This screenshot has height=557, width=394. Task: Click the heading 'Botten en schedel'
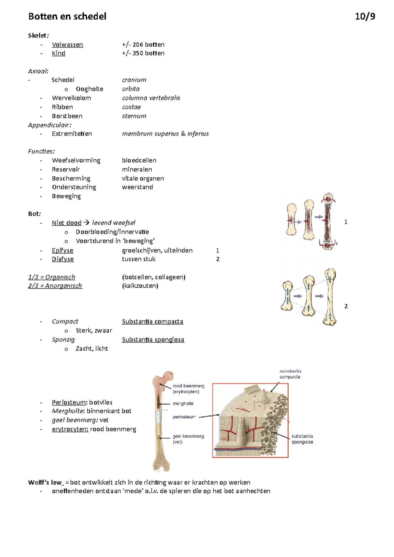coord(67,16)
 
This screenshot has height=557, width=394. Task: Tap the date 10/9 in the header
coord(365,16)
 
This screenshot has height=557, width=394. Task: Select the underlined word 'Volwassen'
coord(67,45)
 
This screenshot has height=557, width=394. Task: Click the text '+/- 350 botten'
coord(143,53)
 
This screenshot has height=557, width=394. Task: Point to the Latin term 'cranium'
coord(134,80)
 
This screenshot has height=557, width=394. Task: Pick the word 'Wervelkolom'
coord(71,98)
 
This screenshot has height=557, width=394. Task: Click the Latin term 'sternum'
coord(134,116)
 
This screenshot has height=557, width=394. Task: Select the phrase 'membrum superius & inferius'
coord(165,134)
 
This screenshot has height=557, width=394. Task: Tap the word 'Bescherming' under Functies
coord(71,178)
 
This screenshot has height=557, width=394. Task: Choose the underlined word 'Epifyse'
coord(62,251)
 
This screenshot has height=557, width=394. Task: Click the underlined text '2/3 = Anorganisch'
coord(55,286)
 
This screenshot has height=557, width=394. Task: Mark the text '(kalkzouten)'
coord(140,286)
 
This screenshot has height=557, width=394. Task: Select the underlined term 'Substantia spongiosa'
coord(153,340)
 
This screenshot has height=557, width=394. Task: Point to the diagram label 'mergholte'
coord(183,403)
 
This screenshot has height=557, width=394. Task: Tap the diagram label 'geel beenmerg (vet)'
coord(188,439)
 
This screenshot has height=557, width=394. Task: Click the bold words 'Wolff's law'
coord(45,483)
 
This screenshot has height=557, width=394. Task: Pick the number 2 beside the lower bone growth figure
coord(346,306)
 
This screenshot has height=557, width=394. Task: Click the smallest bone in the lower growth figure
coord(287,296)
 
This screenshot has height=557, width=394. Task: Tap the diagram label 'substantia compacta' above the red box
coord(290,374)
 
